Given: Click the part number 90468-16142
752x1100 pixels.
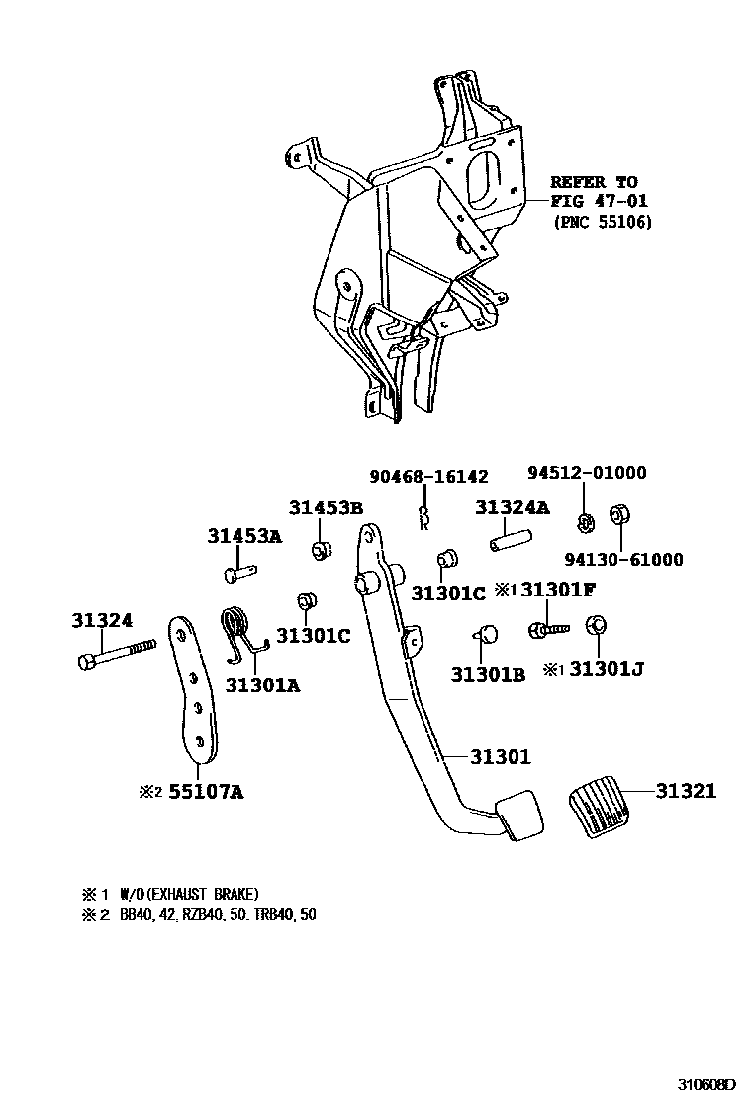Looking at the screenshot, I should [x=428, y=477].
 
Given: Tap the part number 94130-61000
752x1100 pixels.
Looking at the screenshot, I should [x=624, y=560].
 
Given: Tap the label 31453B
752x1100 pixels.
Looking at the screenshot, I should [x=327, y=508].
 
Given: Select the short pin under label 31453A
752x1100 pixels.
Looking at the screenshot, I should [x=239, y=571].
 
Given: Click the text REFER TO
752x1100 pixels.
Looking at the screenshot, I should [x=595, y=183].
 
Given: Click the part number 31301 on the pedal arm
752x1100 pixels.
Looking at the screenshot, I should [x=501, y=757].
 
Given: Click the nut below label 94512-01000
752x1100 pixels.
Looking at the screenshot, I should [x=584, y=520].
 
